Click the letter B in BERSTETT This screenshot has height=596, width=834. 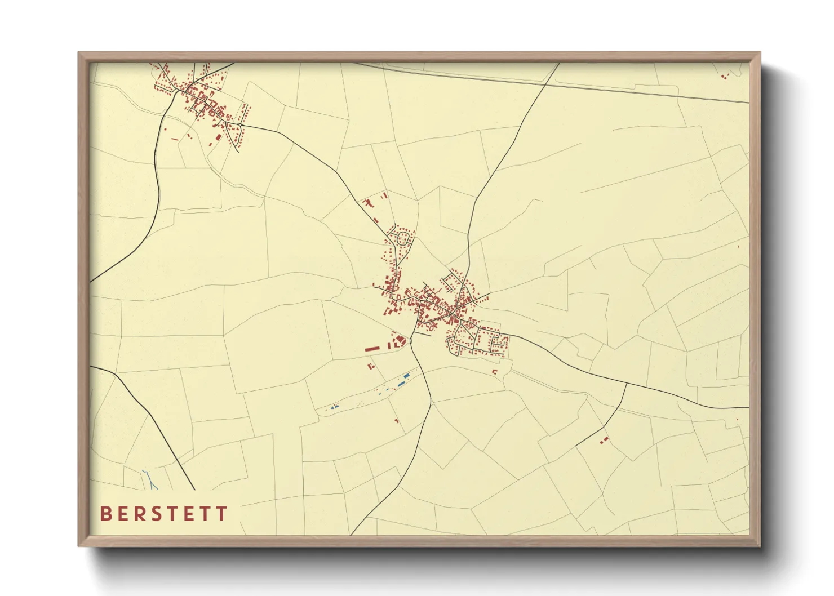[x=105, y=514]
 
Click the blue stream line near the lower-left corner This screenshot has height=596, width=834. [x=150, y=479]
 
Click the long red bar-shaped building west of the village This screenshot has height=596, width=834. [x=372, y=349]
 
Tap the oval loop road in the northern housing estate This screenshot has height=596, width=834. [x=403, y=238]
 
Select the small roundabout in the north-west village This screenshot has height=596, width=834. [x=240, y=124]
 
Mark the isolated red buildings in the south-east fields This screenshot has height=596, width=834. [x=605, y=439]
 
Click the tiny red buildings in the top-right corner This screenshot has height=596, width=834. [x=725, y=76]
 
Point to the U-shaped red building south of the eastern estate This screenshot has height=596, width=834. [x=495, y=371]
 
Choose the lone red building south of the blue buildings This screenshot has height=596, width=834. [x=397, y=420]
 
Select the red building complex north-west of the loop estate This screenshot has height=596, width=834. [x=370, y=202]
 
